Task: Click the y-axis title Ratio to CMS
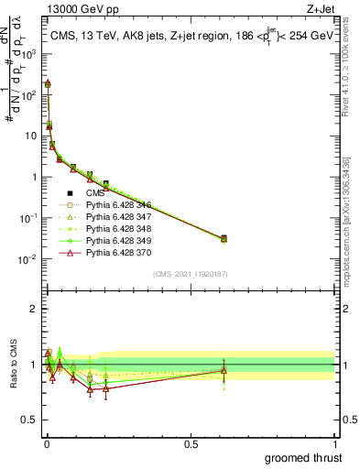12,364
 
